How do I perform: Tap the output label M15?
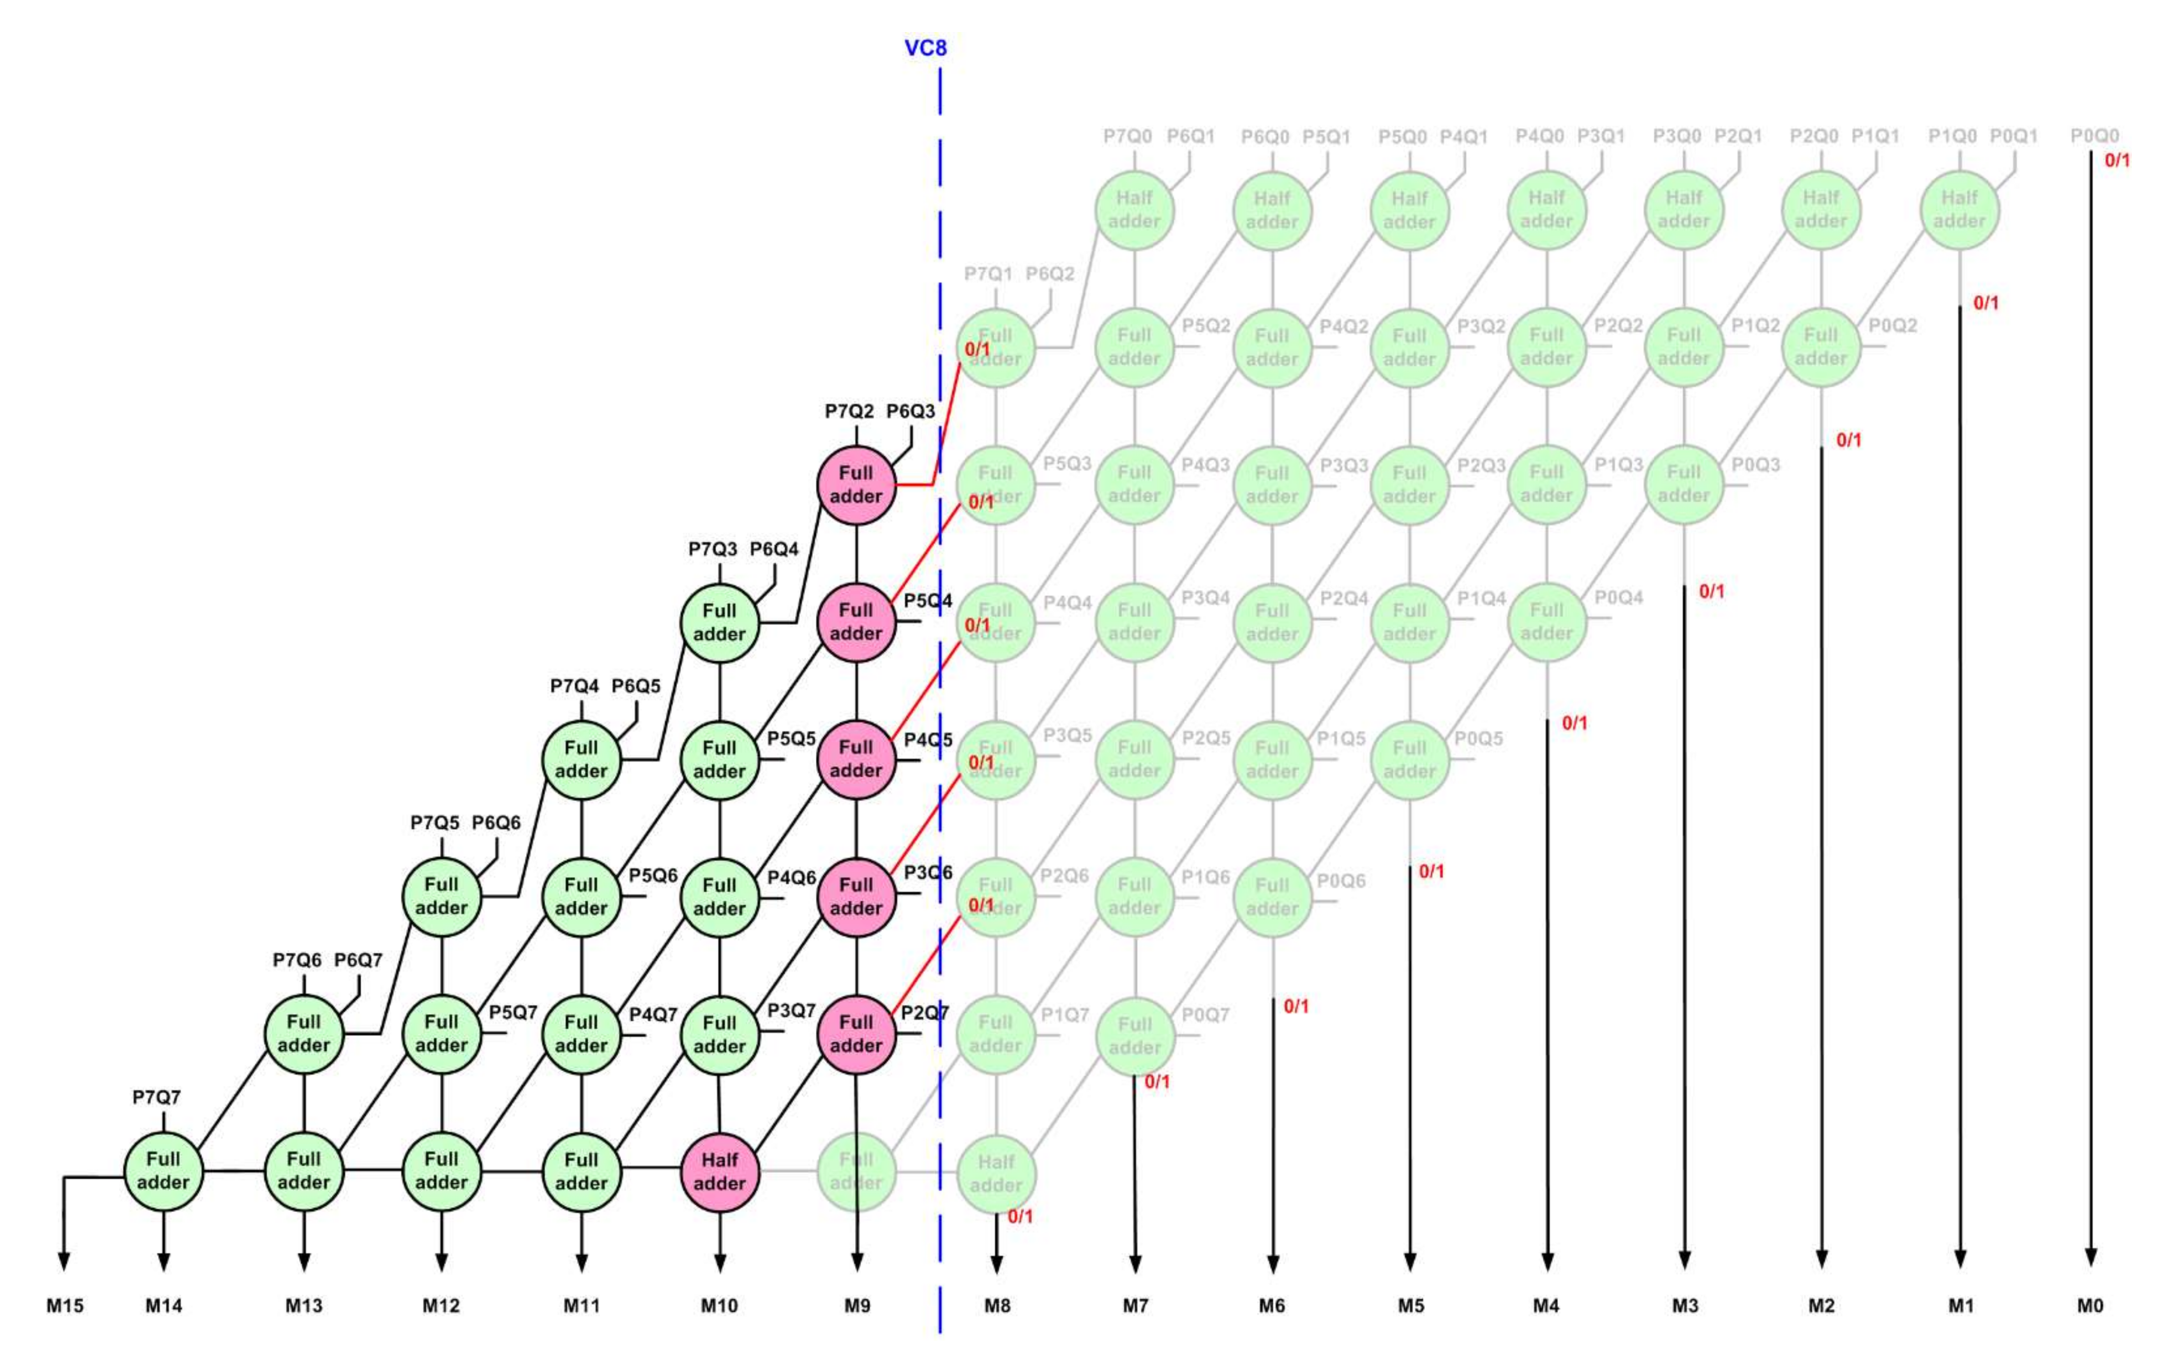[x=65, y=1306]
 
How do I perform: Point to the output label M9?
[x=857, y=1306]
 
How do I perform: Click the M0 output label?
[x=2090, y=1306]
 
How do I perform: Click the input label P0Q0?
[x=2094, y=135]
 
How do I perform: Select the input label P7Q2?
[x=849, y=411]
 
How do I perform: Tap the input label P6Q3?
[x=910, y=411]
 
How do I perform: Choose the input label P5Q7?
[x=512, y=1013]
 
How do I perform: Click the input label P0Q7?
[x=1205, y=1014]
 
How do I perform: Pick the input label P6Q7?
[x=358, y=960]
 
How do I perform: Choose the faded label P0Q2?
[x=1892, y=326]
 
